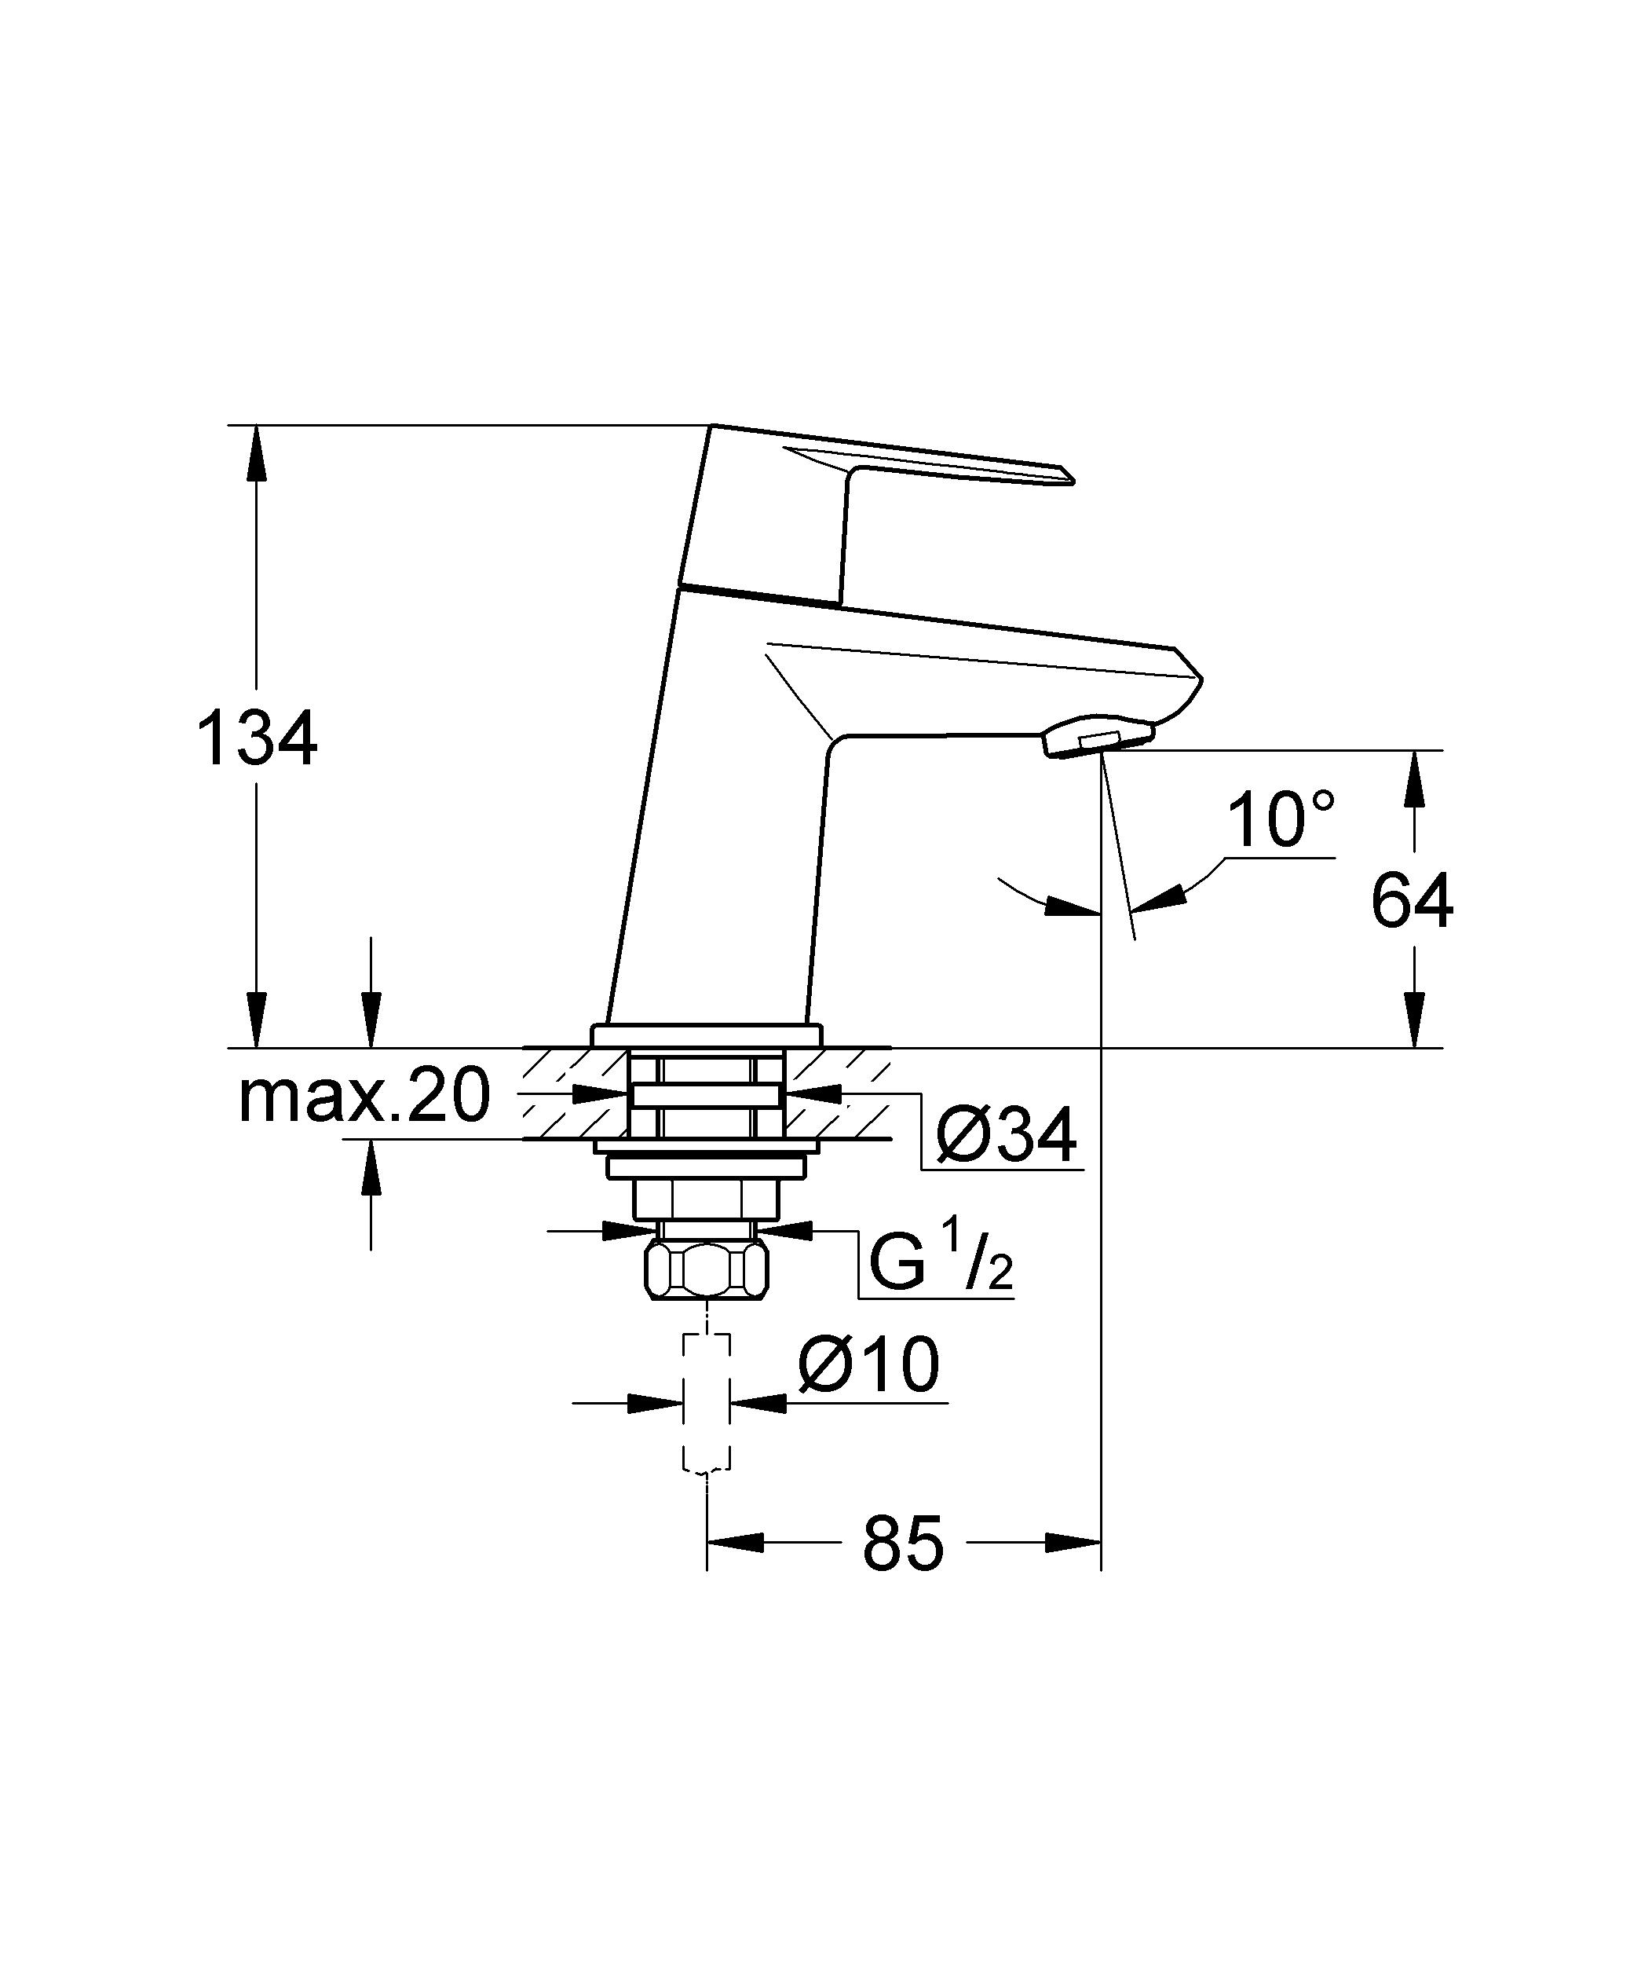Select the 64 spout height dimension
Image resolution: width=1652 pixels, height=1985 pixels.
click(1411, 901)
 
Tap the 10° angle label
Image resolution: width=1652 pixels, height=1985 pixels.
click(1281, 819)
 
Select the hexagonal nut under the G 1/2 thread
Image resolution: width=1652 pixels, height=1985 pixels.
click(706, 1270)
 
